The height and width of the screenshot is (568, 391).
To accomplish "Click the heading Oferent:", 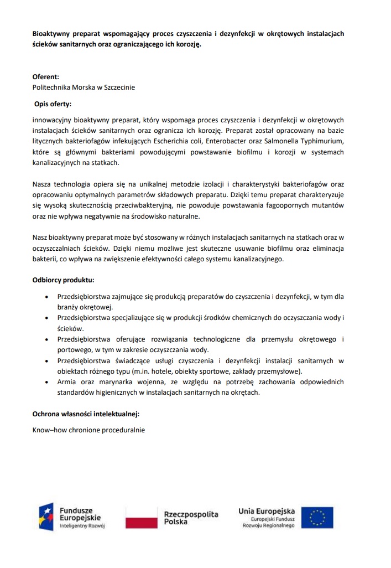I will click(46, 77).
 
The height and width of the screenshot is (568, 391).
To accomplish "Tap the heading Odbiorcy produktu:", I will click(63, 280).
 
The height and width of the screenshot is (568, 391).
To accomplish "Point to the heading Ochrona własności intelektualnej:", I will click(85, 414).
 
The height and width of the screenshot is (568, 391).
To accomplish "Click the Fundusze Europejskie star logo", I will click(46, 517).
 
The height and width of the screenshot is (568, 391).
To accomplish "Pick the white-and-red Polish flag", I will click(142, 518).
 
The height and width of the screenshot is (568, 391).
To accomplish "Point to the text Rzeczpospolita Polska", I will click(191, 518).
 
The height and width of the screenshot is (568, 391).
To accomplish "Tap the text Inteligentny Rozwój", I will click(82, 526).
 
